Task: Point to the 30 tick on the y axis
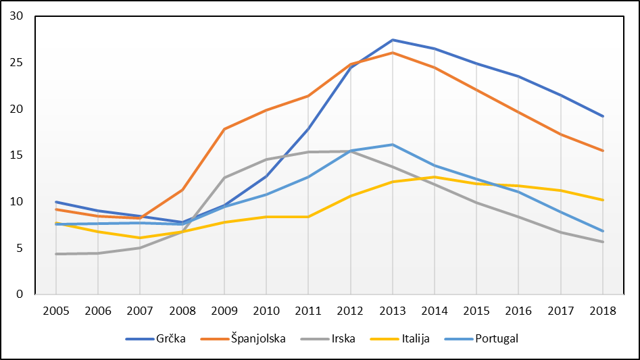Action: [x=16, y=16]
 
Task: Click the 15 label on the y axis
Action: [x=16, y=155]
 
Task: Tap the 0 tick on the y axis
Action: [x=20, y=294]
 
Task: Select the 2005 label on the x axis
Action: [x=56, y=311]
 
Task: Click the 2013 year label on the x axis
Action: [x=393, y=311]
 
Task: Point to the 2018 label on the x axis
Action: [x=603, y=311]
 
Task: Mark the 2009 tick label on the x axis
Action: [x=224, y=311]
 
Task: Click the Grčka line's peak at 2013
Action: [x=393, y=40]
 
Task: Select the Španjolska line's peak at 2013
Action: [x=393, y=53]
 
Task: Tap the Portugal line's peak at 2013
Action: [x=393, y=145]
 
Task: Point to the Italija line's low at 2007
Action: [x=140, y=238]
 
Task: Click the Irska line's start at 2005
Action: [x=56, y=254]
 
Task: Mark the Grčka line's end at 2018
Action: [x=603, y=116]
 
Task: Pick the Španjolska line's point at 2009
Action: [x=224, y=128]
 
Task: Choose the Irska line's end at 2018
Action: [x=603, y=242]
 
